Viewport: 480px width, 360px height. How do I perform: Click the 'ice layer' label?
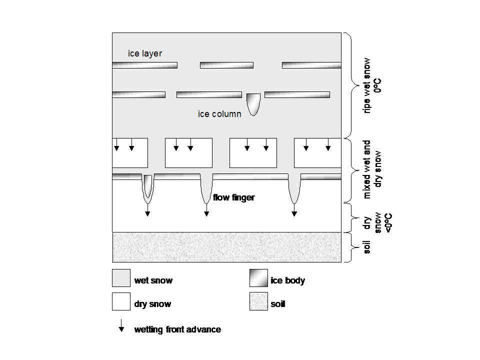coord(145,53)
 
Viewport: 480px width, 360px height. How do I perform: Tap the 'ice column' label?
coord(219,114)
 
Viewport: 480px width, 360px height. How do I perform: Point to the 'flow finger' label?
coord(234,197)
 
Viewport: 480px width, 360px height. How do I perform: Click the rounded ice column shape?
coord(253,104)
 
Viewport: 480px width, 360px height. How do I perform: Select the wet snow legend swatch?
coord(121,278)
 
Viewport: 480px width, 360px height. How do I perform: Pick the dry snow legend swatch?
coord(121,301)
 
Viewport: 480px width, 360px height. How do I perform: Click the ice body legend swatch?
coord(258,278)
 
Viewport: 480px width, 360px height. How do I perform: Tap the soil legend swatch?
coord(258,301)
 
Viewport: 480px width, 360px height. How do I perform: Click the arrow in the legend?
coord(121,325)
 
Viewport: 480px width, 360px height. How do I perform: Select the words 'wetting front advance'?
coord(177,329)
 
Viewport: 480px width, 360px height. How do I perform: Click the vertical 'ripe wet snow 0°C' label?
coord(371,85)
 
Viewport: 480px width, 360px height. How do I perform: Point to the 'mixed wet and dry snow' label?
coord(371,169)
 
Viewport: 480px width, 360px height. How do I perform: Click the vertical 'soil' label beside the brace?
coord(366,247)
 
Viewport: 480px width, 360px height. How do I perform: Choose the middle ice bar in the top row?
coord(227,65)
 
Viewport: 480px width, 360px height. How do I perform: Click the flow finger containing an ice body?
coord(148,188)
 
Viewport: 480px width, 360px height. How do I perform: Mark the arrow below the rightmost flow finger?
coord(294,210)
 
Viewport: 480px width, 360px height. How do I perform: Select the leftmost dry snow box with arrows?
coord(130,153)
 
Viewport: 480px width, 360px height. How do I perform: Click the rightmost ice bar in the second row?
coord(297,94)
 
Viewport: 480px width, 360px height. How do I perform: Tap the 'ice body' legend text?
coord(288,280)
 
